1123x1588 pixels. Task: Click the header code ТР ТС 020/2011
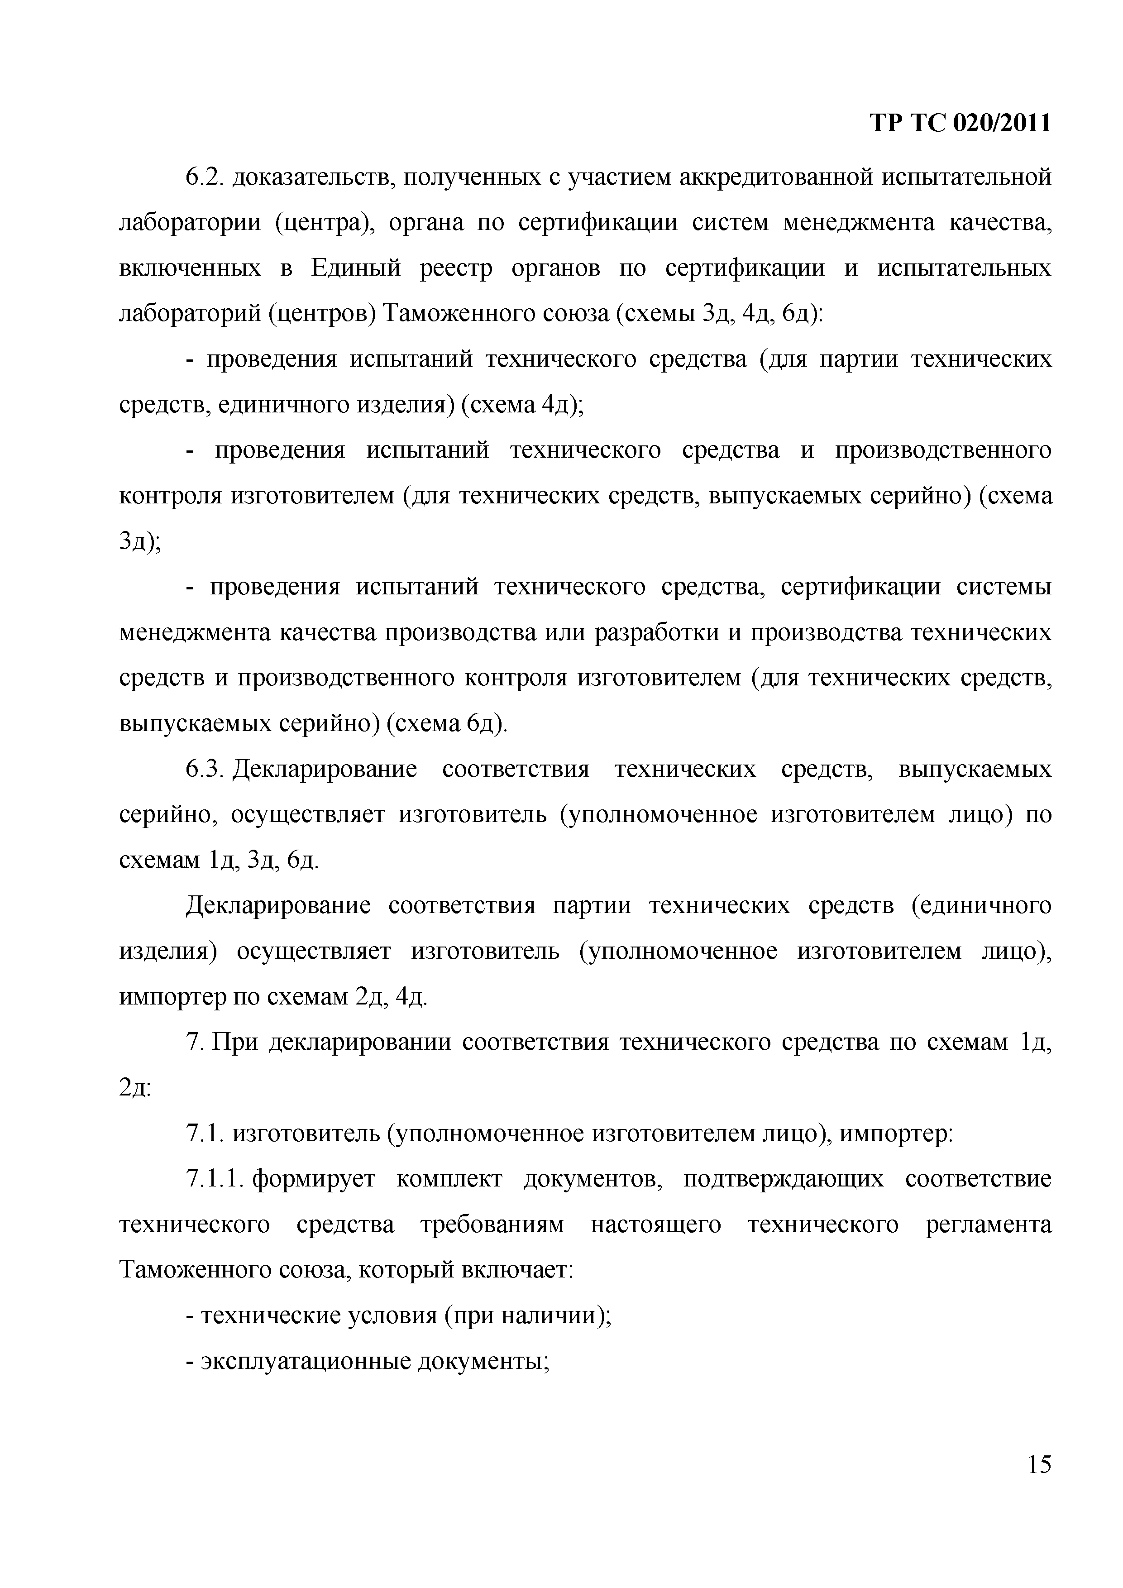960,124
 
